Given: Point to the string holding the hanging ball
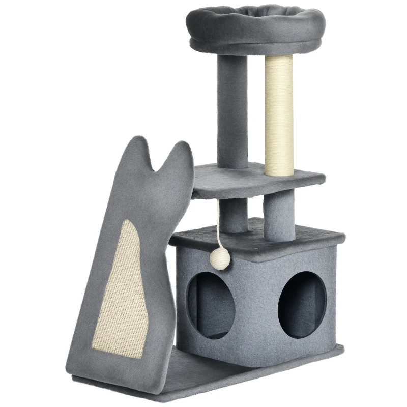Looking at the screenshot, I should point(218,224).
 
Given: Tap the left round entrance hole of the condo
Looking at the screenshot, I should point(212,305).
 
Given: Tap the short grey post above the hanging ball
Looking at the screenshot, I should point(234,214).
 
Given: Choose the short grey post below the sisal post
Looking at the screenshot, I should point(279,216).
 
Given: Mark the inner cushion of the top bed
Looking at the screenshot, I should point(256,17).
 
